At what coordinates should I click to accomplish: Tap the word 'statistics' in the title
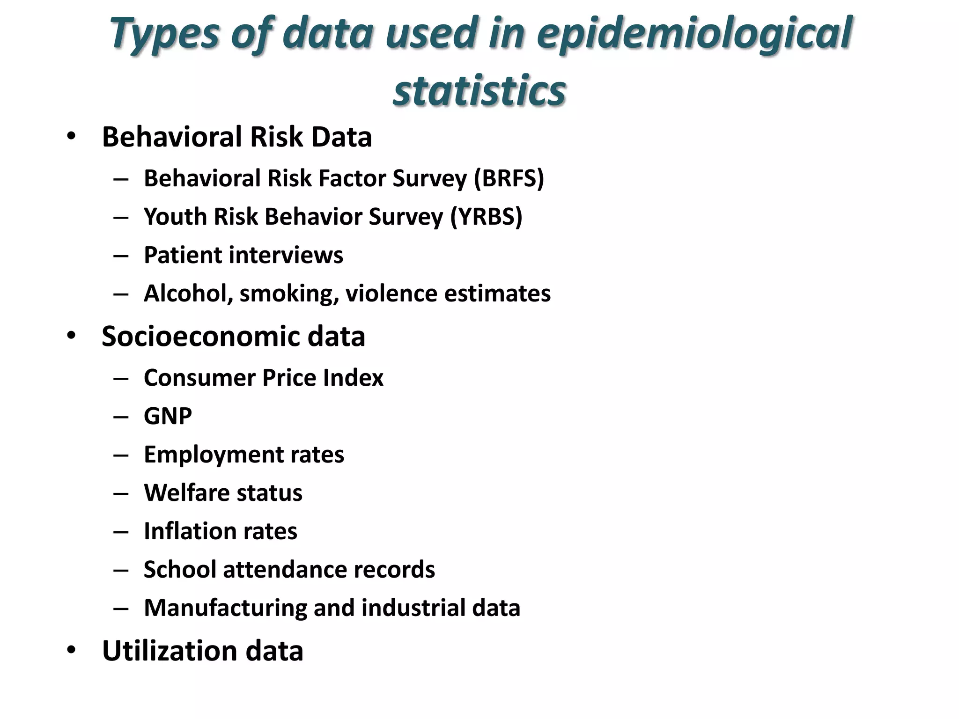479,90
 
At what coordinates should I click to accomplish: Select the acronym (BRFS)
509,178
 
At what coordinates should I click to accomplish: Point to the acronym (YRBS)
486,217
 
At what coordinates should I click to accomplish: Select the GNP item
168,416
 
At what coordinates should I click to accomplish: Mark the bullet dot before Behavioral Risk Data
71,137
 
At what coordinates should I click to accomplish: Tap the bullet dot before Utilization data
71,651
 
